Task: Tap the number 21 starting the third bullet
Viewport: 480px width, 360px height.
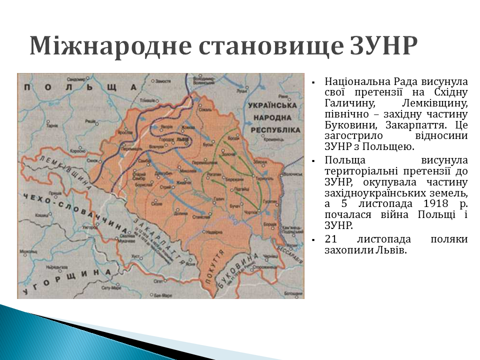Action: [x=330, y=239]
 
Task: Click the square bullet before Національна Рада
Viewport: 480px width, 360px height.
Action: [x=312, y=81]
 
